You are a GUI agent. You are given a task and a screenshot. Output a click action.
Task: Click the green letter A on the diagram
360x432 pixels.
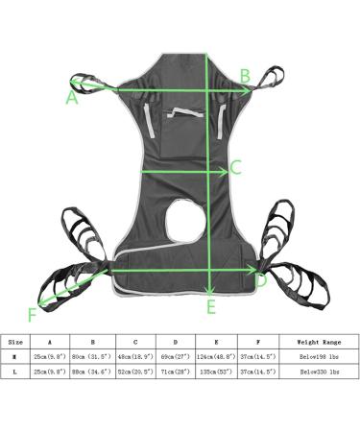(72, 97)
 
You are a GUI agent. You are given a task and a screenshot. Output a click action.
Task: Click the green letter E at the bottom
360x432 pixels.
(210, 307)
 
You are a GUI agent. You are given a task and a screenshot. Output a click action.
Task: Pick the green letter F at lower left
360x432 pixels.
(34, 313)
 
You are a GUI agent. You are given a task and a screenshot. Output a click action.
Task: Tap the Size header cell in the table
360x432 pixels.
(15, 341)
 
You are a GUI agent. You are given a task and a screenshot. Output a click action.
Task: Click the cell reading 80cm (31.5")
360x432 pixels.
(93, 356)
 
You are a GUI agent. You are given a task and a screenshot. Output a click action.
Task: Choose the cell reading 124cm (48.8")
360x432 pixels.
(217, 356)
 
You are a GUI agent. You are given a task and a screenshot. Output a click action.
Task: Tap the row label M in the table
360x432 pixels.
(15, 356)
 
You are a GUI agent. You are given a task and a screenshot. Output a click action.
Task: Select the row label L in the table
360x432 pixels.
(15, 372)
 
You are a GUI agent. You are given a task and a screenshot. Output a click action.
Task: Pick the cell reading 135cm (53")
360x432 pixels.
(217, 372)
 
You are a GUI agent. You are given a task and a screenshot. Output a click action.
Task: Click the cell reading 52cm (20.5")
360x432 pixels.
(135, 372)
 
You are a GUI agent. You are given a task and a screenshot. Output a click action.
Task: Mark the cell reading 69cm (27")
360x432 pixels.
(176, 356)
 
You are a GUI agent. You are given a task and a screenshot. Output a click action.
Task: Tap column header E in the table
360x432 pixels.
(217, 341)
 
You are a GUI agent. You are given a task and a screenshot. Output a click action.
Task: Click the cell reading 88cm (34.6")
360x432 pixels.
(93, 372)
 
